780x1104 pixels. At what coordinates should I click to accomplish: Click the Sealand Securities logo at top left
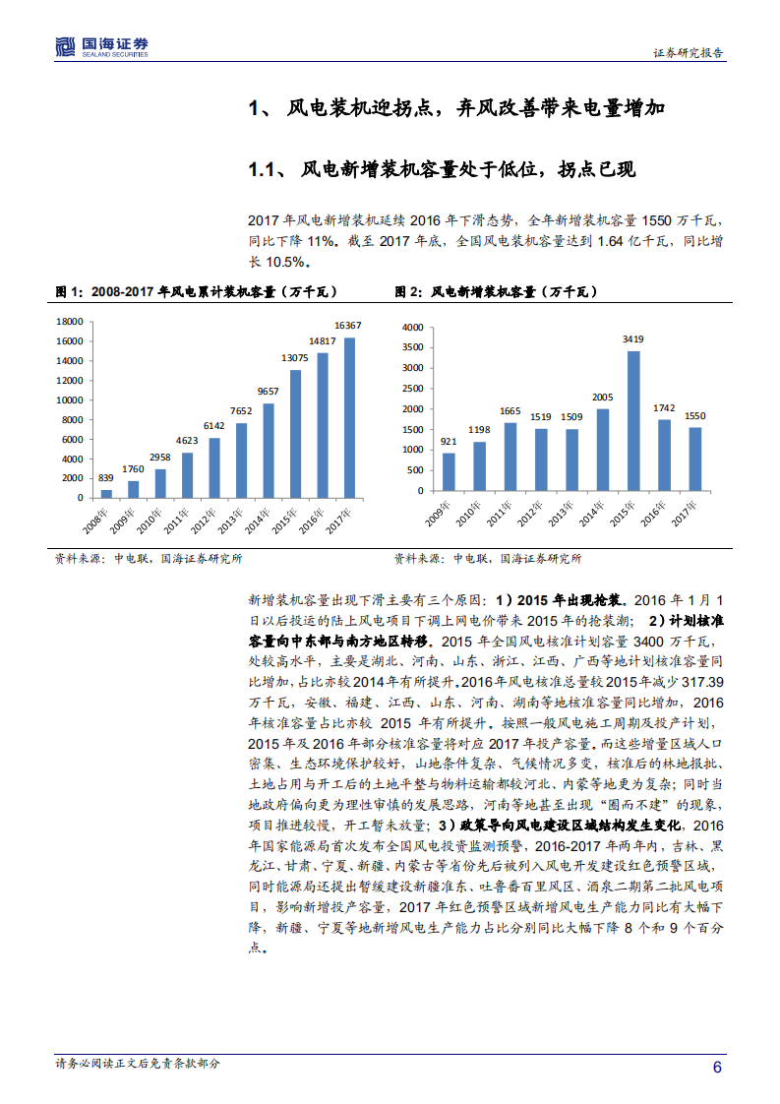101,45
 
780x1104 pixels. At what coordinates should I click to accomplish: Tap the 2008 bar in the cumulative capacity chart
106,494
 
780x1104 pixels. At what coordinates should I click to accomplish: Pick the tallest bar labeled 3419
633,421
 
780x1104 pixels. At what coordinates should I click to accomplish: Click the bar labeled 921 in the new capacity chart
449,471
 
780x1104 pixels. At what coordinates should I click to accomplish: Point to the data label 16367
348,326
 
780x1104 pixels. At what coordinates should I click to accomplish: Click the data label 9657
269,392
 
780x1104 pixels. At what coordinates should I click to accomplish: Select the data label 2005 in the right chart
603,398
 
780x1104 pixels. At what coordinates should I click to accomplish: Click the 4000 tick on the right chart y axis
413,327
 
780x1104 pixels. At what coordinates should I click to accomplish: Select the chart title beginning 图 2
496,292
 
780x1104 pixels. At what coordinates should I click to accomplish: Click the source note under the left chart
148,559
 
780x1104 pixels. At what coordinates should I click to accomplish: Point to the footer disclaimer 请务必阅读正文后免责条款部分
138,1064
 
